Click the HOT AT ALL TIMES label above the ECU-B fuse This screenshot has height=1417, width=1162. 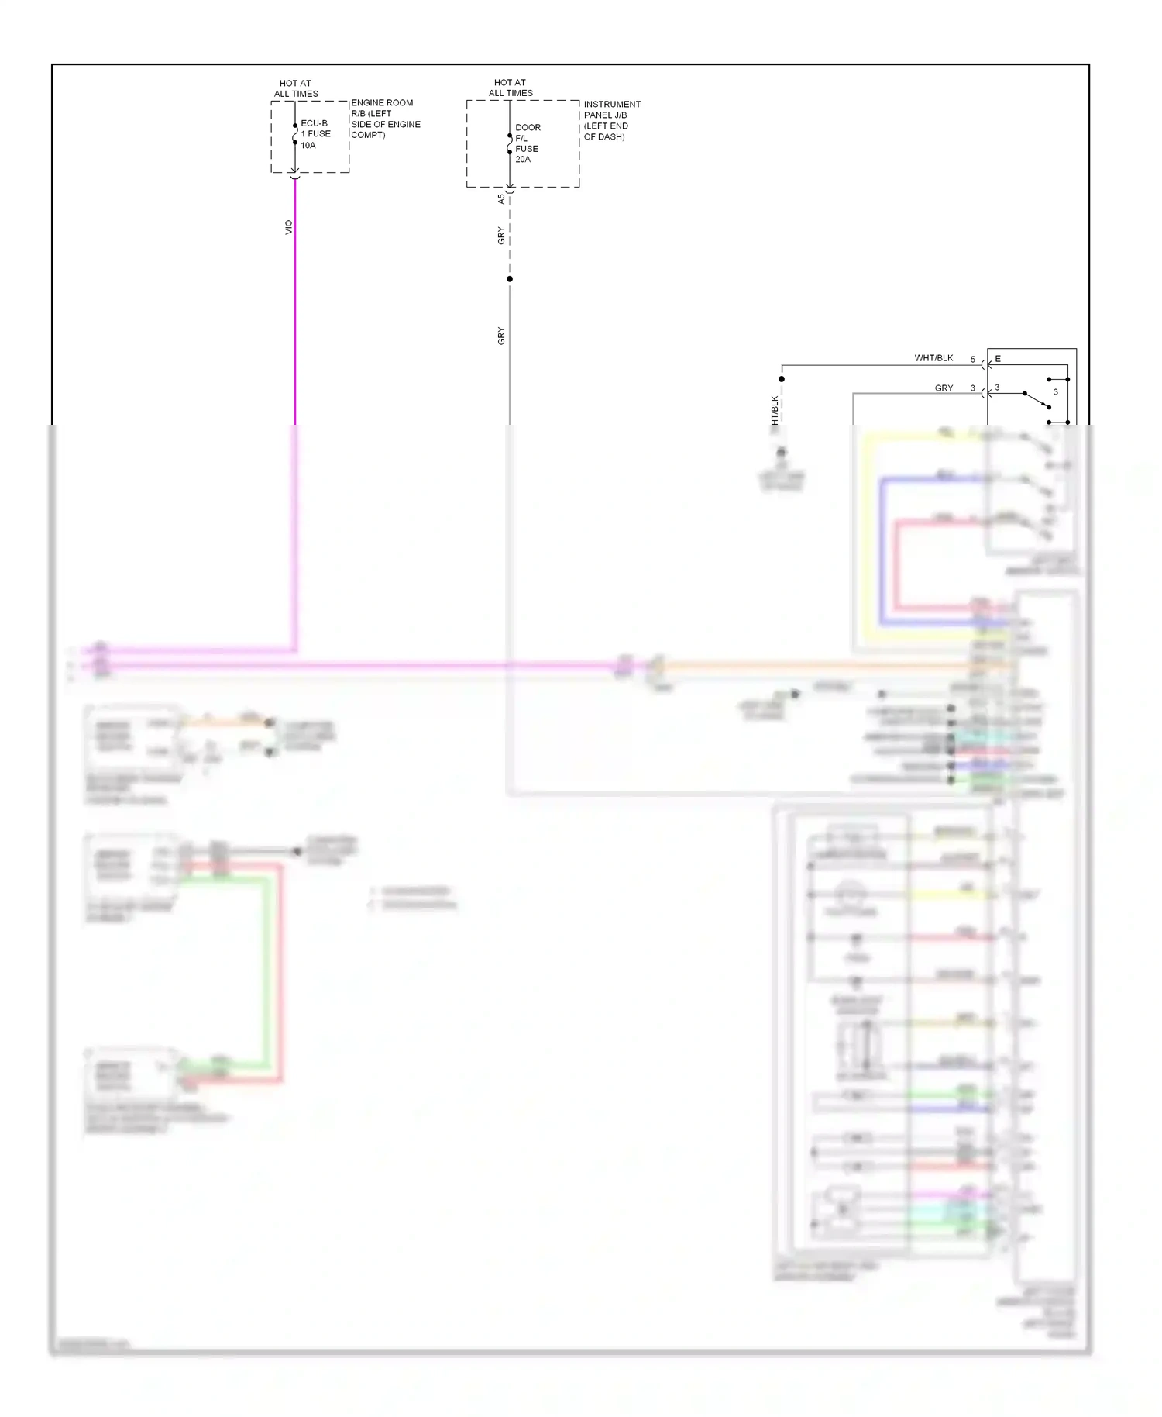[296, 88]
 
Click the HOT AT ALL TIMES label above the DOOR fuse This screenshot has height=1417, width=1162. [511, 88]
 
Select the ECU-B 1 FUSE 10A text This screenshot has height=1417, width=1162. [315, 134]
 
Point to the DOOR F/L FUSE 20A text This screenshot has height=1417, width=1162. [528, 143]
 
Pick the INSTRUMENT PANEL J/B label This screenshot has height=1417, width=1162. [612, 120]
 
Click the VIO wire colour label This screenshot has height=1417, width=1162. [289, 227]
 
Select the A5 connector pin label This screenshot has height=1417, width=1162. [501, 198]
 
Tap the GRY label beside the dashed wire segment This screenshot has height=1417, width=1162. [501, 236]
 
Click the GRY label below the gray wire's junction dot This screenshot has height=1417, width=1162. [501, 336]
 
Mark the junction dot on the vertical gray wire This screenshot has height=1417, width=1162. [510, 279]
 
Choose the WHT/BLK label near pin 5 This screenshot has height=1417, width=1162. [933, 358]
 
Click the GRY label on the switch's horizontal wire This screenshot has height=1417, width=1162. [944, 388]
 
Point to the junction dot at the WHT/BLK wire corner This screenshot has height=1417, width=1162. [782, 379]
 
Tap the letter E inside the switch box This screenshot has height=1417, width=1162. [998, 359]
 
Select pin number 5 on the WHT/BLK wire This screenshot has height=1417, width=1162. [973, 360]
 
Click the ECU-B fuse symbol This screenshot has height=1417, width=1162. [295, 134]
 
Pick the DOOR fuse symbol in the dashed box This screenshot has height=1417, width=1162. [510, 143]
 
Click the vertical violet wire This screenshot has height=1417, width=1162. [295, 310]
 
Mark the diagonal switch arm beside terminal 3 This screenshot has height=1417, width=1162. [1037, 400]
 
